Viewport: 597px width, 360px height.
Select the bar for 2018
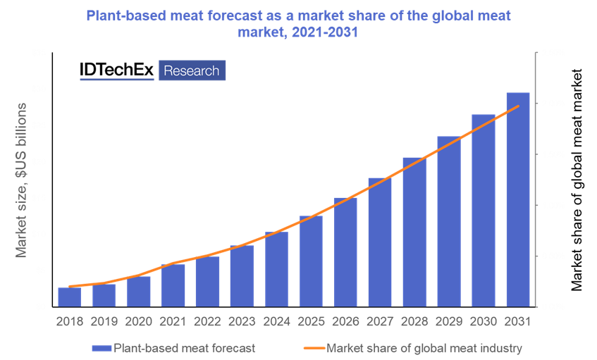[x=70, y=297]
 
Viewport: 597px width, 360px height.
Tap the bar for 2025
[x=311, y=261]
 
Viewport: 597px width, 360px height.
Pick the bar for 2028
[x=414, y=232]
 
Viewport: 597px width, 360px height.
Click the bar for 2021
[x=173, y=285]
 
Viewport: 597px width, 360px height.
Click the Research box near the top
[x=192, y=71]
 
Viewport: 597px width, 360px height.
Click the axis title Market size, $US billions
[x=22, y=180]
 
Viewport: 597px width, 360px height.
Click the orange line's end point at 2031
[x=519, y=106]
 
